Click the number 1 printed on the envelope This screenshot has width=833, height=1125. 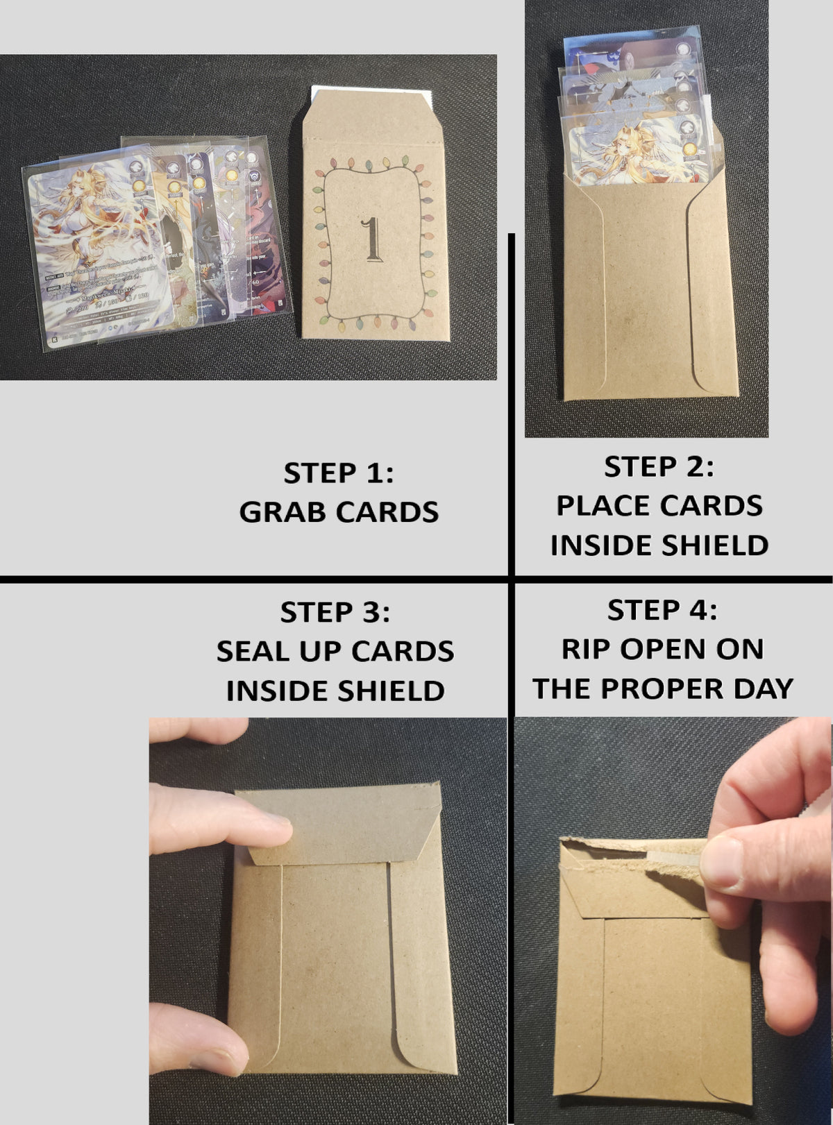pos(373,239)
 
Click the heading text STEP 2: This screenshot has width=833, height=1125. pos(658,467)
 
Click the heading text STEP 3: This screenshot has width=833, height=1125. pos(335,613)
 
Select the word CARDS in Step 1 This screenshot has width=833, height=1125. pos(387,512)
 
